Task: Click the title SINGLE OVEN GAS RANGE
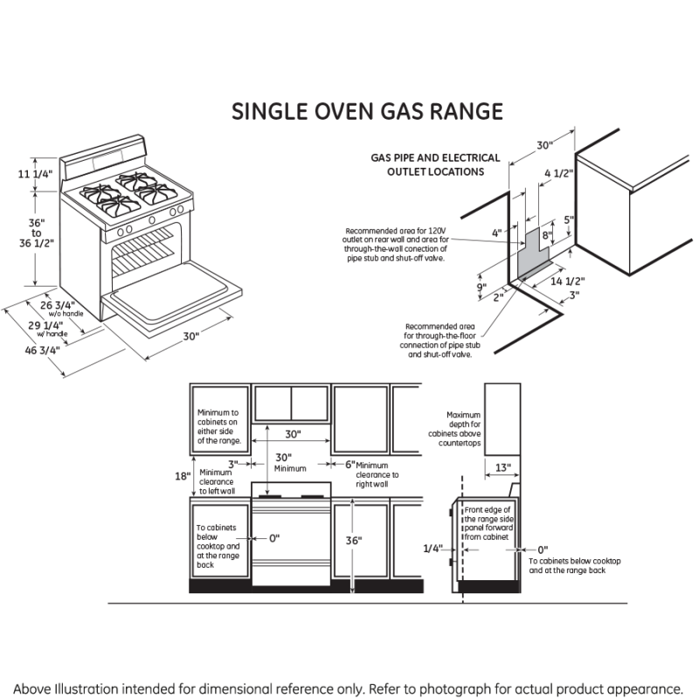pos(367,112)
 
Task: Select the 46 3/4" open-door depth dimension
pos(42,349)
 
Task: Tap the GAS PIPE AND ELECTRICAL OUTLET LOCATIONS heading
pos(436,165)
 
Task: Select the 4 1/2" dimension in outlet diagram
pos(558,174)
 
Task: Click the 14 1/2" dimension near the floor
pos(568,281)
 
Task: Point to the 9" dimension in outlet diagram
pos(481,287)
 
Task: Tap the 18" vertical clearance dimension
pos(182,476)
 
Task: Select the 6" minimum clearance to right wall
pos(349,465)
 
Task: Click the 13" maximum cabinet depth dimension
pos(502,468)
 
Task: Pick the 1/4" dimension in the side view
pos(432,549)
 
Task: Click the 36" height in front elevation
pos(353,541)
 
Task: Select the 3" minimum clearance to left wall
pos(233,464)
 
